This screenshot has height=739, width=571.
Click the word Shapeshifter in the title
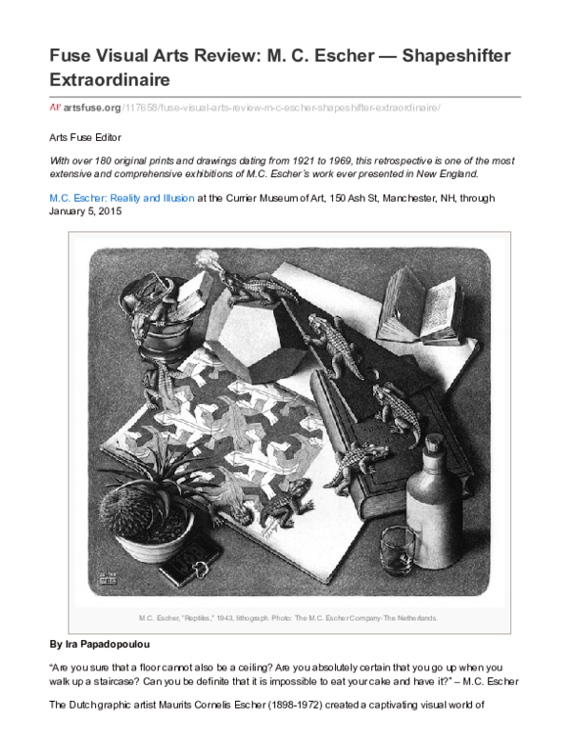tap(456, 56)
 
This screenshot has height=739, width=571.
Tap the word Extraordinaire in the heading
tap(109, 80)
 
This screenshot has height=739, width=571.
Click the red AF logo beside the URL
tap(55, 107)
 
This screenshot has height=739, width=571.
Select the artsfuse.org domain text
tap(92, 108)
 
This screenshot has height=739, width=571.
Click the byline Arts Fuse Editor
tap(86, 138)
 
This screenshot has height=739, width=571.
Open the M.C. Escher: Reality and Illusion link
tap(122, 198)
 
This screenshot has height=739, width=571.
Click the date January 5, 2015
tap(86, 211)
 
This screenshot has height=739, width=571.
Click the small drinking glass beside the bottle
tap(397, 550)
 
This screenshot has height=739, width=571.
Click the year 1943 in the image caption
tap(225, 618)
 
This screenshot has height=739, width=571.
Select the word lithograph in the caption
tap(252, 618)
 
